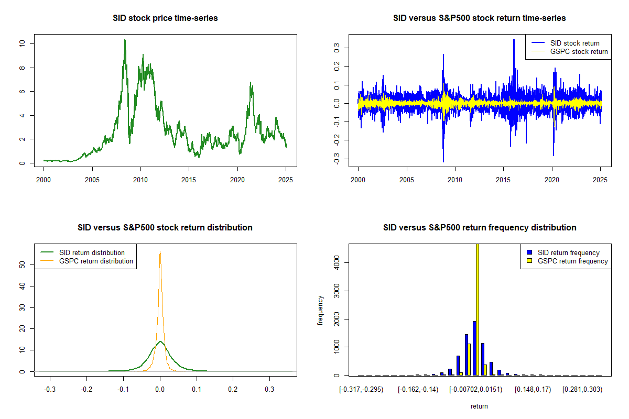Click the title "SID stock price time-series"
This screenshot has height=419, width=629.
[165, 18]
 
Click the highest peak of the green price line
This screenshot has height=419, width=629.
[125, 39]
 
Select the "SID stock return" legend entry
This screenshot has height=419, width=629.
[574, 43]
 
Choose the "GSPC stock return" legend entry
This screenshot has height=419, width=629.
[579, 51]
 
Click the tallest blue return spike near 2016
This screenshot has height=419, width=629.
[514, 54]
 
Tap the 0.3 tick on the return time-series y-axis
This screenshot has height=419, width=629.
[337, 47]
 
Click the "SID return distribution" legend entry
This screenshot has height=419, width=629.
[92, 252]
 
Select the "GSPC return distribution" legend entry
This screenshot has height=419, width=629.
[96, 261]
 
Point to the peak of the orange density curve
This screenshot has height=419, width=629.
[160, 252]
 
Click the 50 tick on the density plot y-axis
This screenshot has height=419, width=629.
[21, 265]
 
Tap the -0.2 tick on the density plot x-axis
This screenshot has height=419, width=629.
[87, 390]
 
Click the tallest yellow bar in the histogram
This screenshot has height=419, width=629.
[478, 309]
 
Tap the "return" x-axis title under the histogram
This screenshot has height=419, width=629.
[479, 406]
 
